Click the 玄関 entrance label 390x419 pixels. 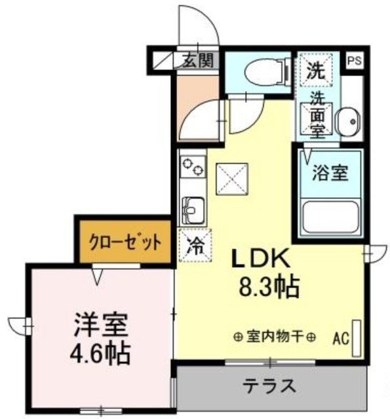point(197,61)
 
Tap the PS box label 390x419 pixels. point(354,61)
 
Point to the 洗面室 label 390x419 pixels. point(317,115)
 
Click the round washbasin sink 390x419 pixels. point(347,121)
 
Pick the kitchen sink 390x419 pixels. point(192,211)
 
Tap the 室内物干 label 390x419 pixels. point(274,337)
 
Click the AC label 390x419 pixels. point(340,338)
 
